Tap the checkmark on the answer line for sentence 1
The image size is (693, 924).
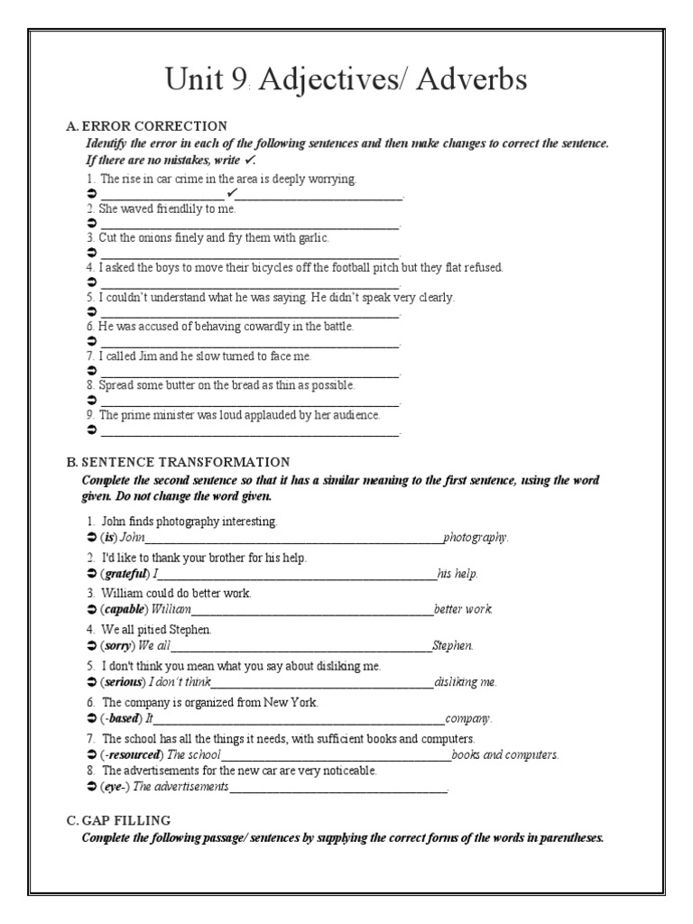click(232, 193)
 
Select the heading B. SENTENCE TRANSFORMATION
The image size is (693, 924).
click(178, 462)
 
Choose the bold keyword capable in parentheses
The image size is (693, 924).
click(125, 609)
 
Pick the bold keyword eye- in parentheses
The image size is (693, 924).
click(115, 787)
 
